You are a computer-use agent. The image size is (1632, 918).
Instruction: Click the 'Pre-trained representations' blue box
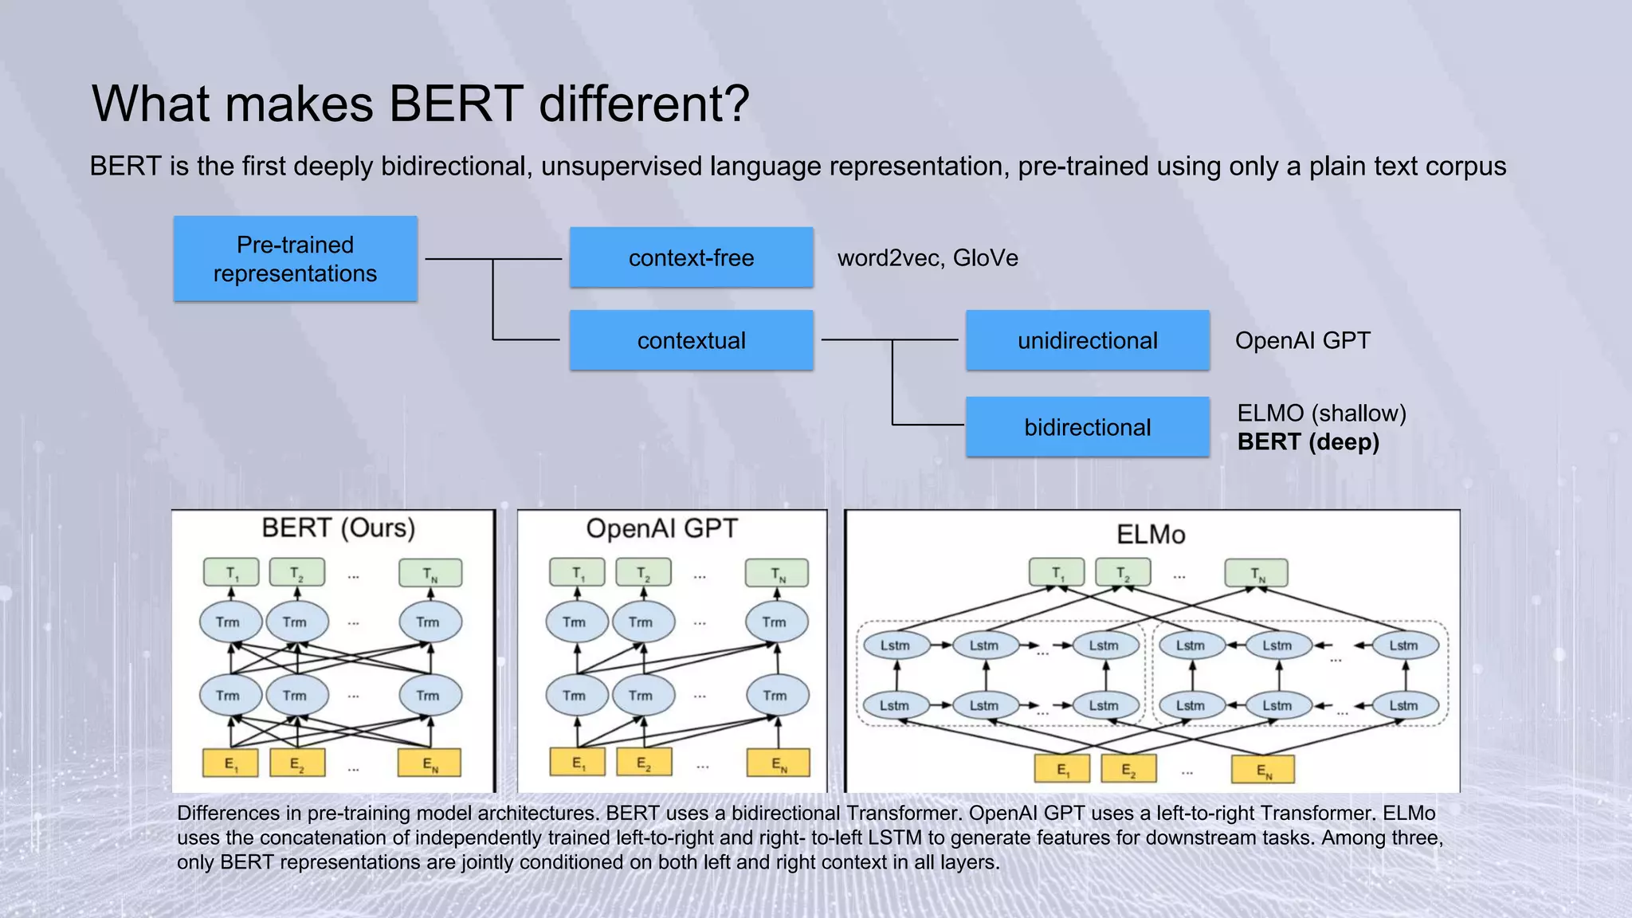(x=295, y=259)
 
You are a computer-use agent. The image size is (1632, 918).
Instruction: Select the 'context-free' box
(x=691, y=257)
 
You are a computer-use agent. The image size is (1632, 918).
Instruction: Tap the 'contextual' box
(x=691, y=340)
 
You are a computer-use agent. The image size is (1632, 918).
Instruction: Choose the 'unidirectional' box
(x=1087, y=340)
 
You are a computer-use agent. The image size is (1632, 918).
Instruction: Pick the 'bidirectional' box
(x=1087, y=427)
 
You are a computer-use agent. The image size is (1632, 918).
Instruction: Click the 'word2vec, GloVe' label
(x=928, y=258)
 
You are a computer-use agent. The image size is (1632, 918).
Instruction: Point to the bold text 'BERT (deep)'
(x=1308, y=441)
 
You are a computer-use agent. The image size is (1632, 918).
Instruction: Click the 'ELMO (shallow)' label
(x=1321, y=413)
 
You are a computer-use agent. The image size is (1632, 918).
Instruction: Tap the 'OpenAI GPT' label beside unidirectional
(x=1302, y=340)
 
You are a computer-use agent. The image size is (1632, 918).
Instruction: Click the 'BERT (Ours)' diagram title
(x=339, y=528)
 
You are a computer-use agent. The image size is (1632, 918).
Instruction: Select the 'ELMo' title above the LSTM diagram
(x=1151, y=534)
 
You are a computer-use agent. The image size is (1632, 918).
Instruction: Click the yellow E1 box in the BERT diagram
(x=230, y=763)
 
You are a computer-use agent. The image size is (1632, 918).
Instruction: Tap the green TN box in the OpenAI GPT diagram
(x=777, y=573)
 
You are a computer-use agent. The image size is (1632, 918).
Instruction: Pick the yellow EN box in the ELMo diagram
(x=1263, y=770)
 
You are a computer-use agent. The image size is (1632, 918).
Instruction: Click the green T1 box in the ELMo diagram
(x=1057, y=572)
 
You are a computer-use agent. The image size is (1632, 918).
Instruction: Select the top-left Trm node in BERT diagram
(x=229, y=622)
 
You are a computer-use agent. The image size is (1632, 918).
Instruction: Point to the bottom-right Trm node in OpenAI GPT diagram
(x=776, y=695)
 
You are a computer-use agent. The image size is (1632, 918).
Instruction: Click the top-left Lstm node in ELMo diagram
(x=895, y=645)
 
